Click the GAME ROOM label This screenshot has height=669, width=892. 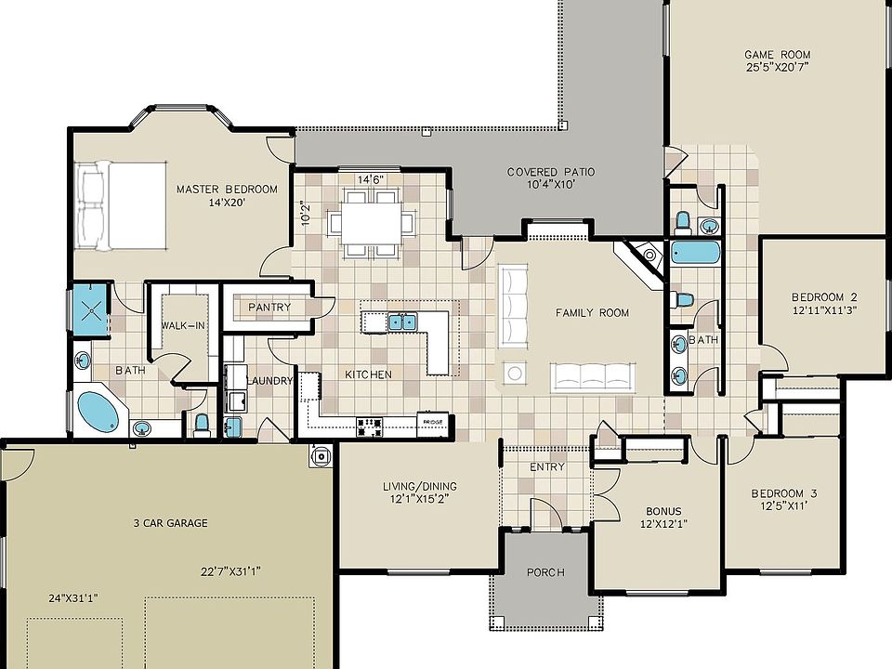pyautogui.click(x=778, y=55)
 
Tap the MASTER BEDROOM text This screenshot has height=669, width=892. pyautogui.click(x=227, y=190)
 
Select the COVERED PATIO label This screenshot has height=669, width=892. pyautogui.click(x=551, y=172)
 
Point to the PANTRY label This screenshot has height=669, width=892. pyautogui.click(x=269, y=308)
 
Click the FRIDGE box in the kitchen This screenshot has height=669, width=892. pyautogui.click(x=433, y=422)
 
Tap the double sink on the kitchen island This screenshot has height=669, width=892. pyautogui.click(x=402, y=321)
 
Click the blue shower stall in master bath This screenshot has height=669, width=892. pyautogui.click(x=90, y=309)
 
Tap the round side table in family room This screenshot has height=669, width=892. pyautogui.click(x=515, y=374)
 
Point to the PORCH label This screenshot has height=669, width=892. pyautogui.click(x=545, y=572)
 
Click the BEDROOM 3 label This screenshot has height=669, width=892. pyautogui.click(x=785, y=493)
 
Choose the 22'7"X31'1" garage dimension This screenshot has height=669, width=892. pyautogui.click(x=230, y=571)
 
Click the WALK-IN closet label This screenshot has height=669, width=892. pyautogui.click(x=183, y=325)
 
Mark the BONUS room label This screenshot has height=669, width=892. pyautogui.click(x=663, y=511)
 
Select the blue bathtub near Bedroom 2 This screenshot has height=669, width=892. pyautogui.click(x=695, y=252)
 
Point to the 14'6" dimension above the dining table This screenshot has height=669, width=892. pyautogui.click(x=371, y=179)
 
